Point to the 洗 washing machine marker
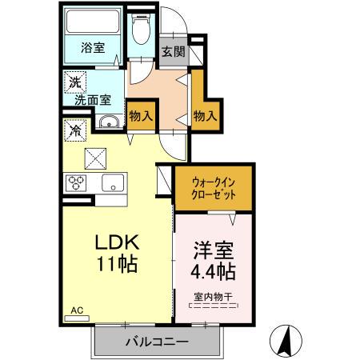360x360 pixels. pos(74,82)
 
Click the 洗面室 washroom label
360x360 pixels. pos(93,101)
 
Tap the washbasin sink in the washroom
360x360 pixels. pos(110,122)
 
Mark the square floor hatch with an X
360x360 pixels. pos(97,158)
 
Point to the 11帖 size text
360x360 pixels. pos(118,265)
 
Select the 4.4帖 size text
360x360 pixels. pos(213,271)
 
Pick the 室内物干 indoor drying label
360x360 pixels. pos(213,294)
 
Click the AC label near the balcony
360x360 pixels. pos(77,310)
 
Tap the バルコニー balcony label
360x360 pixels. pos(157,342)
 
